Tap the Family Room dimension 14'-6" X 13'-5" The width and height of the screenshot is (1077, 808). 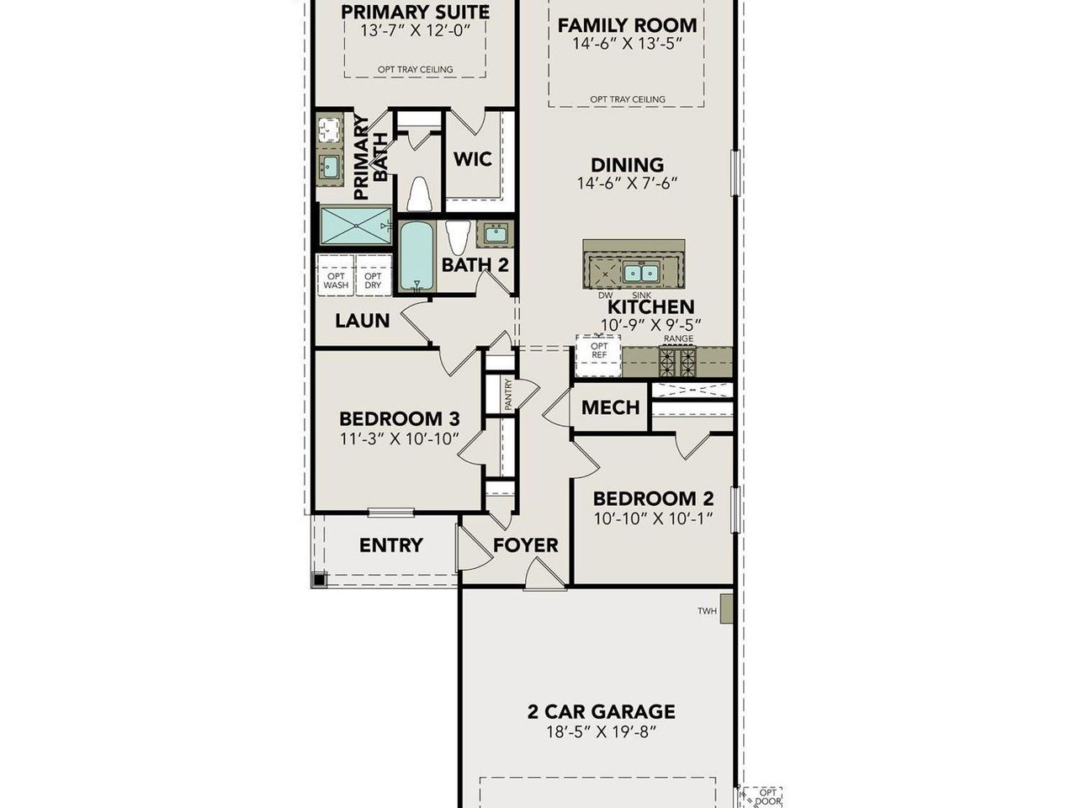[x=627, y=44]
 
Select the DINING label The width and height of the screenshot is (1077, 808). [x=627, y=165]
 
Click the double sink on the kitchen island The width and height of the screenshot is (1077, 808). [x=641, y=272]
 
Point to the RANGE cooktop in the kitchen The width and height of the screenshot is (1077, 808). [x=677, y=362]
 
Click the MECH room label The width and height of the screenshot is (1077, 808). [x=611, y=407]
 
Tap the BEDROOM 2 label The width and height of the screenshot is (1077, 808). [x=653, y=498]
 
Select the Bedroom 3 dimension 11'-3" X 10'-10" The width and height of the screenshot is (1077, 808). [x=399, y=438]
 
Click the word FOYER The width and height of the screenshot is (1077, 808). [x=525, y=545]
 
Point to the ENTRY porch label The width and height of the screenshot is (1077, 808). [x=390, y=545]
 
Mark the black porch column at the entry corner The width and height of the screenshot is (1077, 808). [x=319, y=579]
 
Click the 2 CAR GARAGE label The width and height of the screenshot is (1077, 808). [x=601, y=712]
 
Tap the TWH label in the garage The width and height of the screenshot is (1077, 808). [x=707, y=611]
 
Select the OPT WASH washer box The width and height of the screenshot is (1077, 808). [x=336, y=280]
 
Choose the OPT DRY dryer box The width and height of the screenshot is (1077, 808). [x=373, y=280]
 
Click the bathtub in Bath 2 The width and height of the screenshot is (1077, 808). [x=415, y=255]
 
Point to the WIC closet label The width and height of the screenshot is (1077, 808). [x=472, y=159]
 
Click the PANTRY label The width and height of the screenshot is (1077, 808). [x=507, y=394]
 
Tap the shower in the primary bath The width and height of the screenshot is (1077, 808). [x=356, y=226]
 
